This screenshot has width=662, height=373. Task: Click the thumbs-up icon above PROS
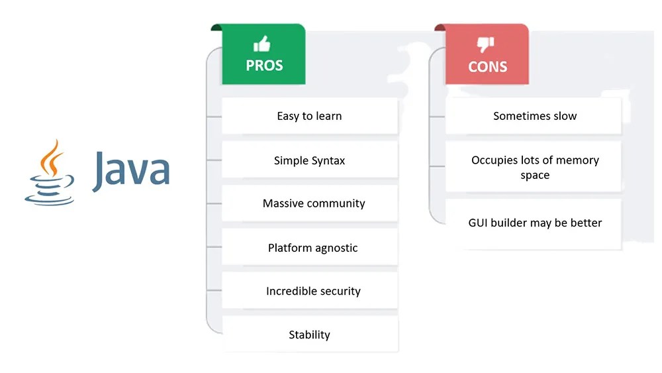pyautogui.click(x=262, y=44)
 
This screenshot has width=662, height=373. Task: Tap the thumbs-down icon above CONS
pyautogui.click(x=486, y=45)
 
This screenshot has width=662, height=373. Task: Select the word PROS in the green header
pyautogui.click(x=264, y=66)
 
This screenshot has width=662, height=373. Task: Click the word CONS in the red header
pyautogui.click(x=487, y=67)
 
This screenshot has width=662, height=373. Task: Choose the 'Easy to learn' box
pyautogui.click(x=309, y=116)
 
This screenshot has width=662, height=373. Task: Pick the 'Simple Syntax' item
pyautogui.click(x=309, y=160)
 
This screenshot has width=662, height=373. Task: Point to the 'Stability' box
pyautogui.click(x=309, y=335)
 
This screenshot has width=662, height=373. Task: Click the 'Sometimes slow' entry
pyautogui.click(x=534, y=116)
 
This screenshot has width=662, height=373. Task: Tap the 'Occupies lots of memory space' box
pyautogui.click(x=534, y=168)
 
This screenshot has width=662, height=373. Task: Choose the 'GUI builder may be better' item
pyautogui.click(x=534, y=223)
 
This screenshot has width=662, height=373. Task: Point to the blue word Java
pyautogui.click(x=131, y=169)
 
